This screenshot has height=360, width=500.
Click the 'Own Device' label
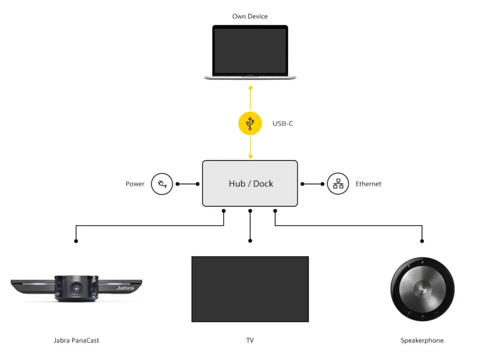click(x=250, y=16)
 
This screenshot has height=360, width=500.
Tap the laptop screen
click(x=250, y=51)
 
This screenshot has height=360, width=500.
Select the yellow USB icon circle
click(x=250, y=124)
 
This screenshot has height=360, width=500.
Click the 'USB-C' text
click(x=283, y=124)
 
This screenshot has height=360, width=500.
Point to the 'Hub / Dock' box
click(x=250, y=184)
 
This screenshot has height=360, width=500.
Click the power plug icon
click(x=162, y=184)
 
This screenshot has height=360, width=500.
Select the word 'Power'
click(x=135, y=184)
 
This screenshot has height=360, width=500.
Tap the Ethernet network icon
click(x=338, y=184)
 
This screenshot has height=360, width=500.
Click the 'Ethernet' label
click(x=369, y=184)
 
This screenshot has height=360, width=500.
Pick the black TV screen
click(x=250, y=289)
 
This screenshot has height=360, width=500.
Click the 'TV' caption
click(x=250, y=340)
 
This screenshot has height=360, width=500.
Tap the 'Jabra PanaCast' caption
click(x=76, y=340)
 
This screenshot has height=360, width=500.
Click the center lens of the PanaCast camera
click(x=77, y=289)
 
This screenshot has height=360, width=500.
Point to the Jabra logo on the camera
click(x=125, y=288)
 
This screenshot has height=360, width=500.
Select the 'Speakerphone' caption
click(x=422, y=340)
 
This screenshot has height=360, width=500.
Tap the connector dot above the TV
click(x=250, y=241)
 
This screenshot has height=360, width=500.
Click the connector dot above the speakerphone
click(x=422, y=241)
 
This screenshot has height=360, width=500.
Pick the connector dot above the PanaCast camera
click(x=76, y=241)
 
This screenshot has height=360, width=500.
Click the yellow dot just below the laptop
click(x=250, y=88)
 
